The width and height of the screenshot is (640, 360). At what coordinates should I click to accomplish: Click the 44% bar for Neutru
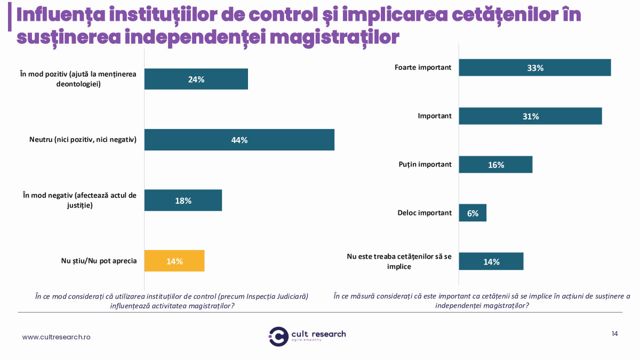pyautogui.click(x=239, y=140)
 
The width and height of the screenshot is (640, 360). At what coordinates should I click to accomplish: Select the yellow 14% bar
pyautogui.click(x=174, y=261)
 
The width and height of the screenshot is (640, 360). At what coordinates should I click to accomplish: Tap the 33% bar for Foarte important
pyautogui.click(x=534, y=68)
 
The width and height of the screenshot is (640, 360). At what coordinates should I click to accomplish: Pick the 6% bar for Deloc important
pyautogui.click(x=473, y=213)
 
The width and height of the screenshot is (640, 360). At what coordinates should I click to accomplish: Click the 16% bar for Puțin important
pyautogui.click(x=495, y=165)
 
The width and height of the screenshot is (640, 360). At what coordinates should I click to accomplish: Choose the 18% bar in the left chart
pyautogui.click(x=183, y=200)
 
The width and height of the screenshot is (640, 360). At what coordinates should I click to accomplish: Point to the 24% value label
pyautogui.click(x=196, y=79)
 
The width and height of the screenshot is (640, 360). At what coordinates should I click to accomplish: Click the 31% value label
pyautogui.click(x=531, y=116)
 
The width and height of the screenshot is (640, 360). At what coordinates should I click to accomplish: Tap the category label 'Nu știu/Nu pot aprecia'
pyautogui.click(x=99, y=261)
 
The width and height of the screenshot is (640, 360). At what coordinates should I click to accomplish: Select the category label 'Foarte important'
pyautogui.click(x=423, y=68)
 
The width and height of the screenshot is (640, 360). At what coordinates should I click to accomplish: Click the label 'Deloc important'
pyautogui.click(x=425, y=213)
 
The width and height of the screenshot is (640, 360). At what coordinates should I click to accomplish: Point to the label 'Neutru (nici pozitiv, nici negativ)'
pyautogui.click(x=83, y=140)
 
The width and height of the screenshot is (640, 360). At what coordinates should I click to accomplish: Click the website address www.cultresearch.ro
pyautogui.click(x=56, y=337)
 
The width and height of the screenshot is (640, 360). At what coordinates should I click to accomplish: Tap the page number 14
pyautogui.click(x=614, y=334)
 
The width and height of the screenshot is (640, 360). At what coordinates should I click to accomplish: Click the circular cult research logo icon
pyautogui.click(x=278, y=336)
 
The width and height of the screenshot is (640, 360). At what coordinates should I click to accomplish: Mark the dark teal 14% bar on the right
pyautogui.click(x=491, y=261)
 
